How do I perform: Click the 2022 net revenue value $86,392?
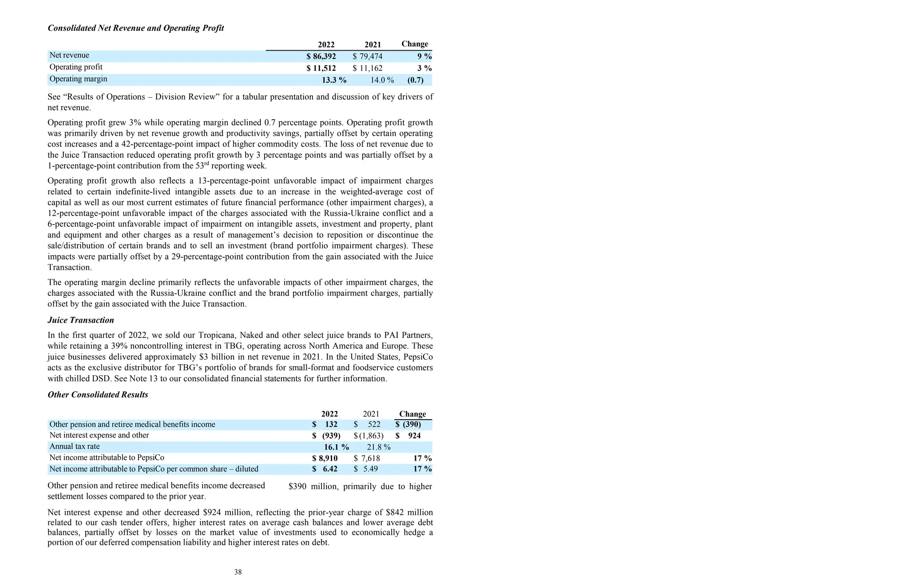tap(321, 56)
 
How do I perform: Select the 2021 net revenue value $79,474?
tap(368, 56)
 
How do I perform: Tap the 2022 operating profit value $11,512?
tap(321, 68)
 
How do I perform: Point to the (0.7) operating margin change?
tap(416, 80)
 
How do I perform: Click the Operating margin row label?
tap(78, 79)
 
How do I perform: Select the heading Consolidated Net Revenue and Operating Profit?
tap(136, 28)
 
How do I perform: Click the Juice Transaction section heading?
tap(81, 320)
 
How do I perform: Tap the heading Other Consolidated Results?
tap(98, 394)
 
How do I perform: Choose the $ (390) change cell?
tap(408, 424)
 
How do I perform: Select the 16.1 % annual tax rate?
tap(336, 447)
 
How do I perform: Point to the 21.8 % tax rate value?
tap(378, 447)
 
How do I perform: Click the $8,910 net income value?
tap(325, 458)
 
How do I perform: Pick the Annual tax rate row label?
tap(74, 446)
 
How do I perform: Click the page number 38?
tap(238, 572)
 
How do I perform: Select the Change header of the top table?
tap(415, 44)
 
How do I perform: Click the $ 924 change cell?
tap(408, 435)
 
